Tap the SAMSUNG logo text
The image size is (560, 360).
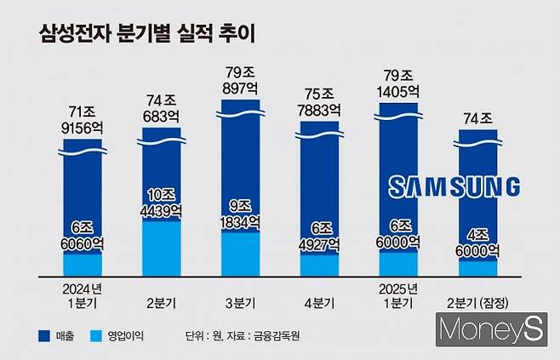click(x=454, y=187)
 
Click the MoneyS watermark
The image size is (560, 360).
click(x=490, y=329)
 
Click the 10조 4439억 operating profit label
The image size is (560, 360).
click(x=162, y=202)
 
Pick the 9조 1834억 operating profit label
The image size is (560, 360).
click(x=240, y=213)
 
